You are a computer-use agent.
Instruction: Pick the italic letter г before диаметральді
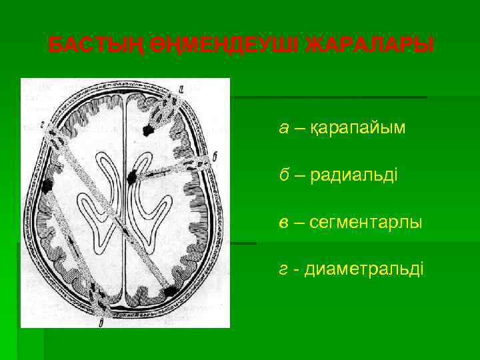(283, 269)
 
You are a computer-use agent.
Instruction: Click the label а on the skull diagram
(181, 87)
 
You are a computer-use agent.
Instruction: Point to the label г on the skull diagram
(41, 124)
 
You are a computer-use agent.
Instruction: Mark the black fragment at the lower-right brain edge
(171, 291)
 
